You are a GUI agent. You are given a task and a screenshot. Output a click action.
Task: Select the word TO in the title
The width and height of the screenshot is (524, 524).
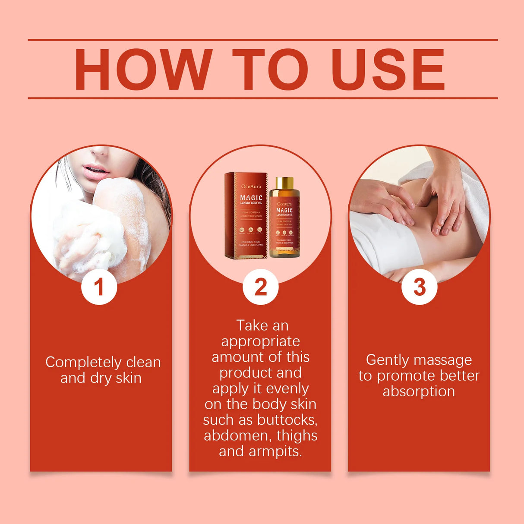(270, 69)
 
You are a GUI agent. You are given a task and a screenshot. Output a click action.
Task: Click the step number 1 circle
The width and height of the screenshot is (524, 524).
(99, 287)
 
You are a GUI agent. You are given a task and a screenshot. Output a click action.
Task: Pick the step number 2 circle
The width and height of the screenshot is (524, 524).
(260, 287)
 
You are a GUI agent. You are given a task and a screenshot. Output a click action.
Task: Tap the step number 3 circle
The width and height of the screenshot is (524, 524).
(419, 287)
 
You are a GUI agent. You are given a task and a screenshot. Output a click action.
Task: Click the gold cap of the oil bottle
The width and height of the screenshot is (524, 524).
(284, 183)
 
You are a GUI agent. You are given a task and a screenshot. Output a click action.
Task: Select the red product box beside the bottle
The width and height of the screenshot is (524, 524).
(245, 216)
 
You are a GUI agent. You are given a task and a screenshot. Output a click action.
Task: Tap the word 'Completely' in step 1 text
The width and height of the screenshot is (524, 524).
(78, 363)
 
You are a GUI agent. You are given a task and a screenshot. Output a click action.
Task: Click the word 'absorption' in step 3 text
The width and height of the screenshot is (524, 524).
(419, 391)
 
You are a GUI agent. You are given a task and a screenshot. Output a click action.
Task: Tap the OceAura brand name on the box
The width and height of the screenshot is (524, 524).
(251, 186)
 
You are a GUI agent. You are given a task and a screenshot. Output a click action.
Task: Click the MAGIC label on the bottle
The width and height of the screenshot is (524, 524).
(284, 210)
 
